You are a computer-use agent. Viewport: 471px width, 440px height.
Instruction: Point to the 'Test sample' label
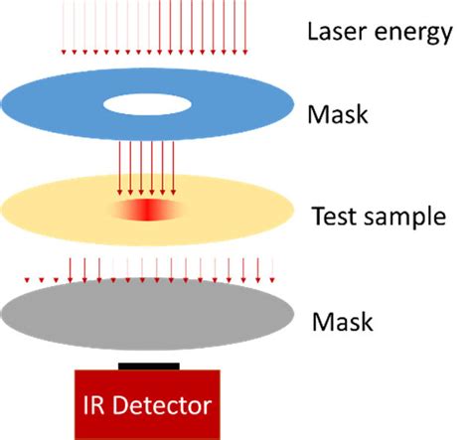pos(377,216)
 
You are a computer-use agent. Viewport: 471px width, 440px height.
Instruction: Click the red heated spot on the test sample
pos(147,212)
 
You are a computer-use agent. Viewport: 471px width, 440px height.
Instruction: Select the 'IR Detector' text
pos(148,406)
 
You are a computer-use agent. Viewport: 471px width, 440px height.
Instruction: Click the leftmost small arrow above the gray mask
pos(27,267)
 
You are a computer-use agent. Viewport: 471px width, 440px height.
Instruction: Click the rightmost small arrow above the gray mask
pos(273,267)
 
